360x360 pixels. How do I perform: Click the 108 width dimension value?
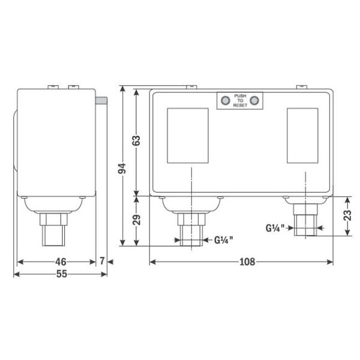[247, 262]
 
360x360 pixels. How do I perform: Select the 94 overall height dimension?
[122, 169]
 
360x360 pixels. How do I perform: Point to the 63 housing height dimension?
[136, 140]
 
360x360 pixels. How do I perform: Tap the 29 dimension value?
[136, 220]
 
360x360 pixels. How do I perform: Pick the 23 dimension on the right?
[347, 215]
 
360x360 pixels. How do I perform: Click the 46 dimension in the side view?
[61, 262]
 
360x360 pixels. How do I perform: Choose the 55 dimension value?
[62, 274]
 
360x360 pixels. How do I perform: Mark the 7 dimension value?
[102, 261]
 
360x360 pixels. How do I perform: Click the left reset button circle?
[225, 101]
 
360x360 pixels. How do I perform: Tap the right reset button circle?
[254, 101]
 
